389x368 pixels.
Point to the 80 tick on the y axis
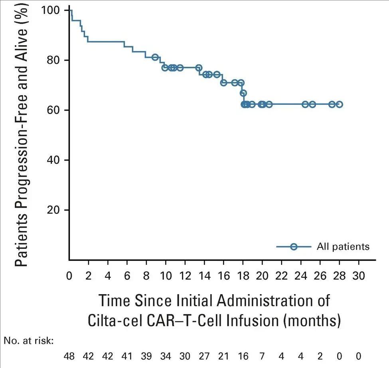coord(54,60)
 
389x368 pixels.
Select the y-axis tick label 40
coord(54,160)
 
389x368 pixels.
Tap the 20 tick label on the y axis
coord(54,210)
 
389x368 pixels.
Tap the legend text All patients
coord(343,247)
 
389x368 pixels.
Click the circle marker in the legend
coord(294,247)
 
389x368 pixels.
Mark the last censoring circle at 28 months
coord(340,104)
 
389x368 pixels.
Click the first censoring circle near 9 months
coord(155,57)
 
